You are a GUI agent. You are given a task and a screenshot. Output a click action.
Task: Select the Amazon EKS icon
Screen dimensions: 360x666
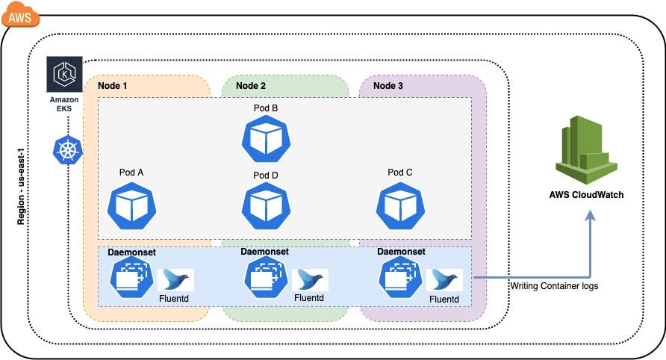(63, 75)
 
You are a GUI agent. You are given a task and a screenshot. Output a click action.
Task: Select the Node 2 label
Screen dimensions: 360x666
(251, 86)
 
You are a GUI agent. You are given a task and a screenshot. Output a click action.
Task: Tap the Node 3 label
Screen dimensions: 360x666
(388, 86)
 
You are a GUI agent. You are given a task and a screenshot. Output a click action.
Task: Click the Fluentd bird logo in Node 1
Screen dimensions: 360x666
(176, 280)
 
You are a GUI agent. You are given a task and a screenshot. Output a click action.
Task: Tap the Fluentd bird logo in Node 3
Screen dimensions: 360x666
(445, 280)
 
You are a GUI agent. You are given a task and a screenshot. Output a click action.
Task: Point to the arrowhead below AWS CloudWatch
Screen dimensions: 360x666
(591, 216)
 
